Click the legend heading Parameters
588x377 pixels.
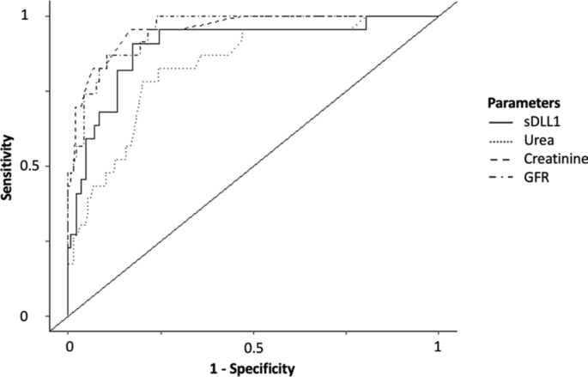point(524,103)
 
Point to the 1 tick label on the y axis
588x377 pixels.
point(48,15)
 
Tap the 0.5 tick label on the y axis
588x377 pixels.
point(43,166)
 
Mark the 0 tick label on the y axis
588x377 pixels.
point(48,316)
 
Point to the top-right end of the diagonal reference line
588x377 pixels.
point(439,15)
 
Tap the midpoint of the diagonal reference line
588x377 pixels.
point(253,166)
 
